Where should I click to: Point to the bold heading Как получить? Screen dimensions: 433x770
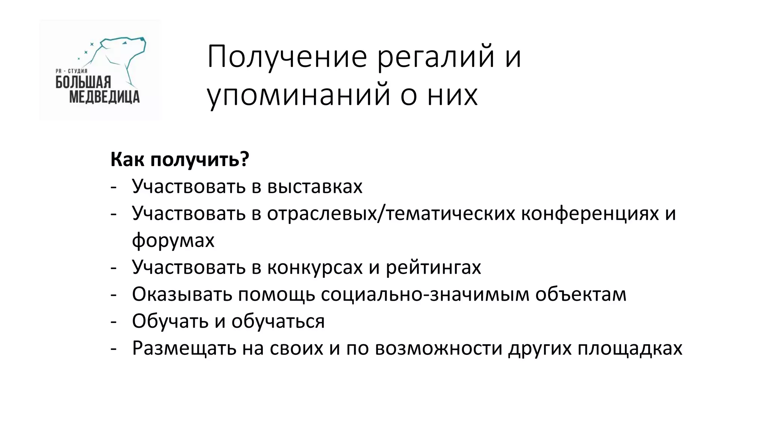[x=180, y=159]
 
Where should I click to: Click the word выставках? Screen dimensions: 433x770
[x=315, y=186]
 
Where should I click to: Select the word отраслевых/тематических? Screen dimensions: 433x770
[x=391, y=213]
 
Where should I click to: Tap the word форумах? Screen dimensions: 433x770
[x=173, y=241]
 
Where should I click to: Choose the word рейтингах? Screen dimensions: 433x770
[x=434, y=267]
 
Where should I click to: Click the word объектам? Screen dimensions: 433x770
[x=581, y=294]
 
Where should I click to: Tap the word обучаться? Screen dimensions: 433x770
[x=278, y=321]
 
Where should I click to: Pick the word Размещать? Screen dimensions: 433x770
[x=184, y=348]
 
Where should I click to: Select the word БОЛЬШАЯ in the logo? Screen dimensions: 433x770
[x=83, y=82]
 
